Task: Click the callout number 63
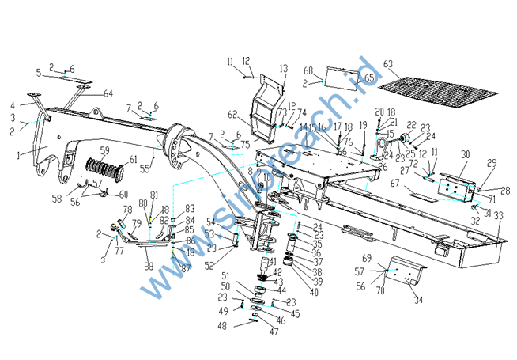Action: click(x=388, y=63)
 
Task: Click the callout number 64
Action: click(x=108, y=93)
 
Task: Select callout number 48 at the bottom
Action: click(x=222, y=325)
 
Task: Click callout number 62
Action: click(x=232, y=113)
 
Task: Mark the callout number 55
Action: click(x=143, y=169)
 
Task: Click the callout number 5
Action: click(x=37, y=73)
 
